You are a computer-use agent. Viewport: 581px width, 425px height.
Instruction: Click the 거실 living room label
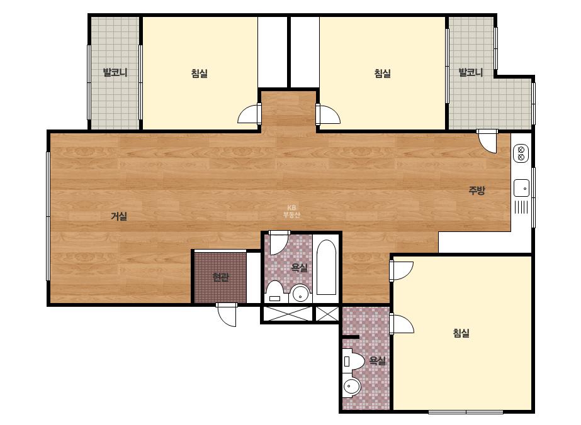pos(119,216)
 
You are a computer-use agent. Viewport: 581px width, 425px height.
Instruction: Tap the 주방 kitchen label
pos(477,190)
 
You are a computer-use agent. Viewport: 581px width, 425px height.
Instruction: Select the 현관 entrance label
pos(220,277)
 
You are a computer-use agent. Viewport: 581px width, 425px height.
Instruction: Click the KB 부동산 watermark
pos(291,211)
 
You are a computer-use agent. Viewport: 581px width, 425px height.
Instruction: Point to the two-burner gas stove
pos(521,153)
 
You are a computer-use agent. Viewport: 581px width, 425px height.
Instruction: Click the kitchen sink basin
pos(521,188)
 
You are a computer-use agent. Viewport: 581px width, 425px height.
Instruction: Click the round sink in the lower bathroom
pos(351,387)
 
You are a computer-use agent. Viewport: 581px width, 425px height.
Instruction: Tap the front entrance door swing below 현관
pos(227,315)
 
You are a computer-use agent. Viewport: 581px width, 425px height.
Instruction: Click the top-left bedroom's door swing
pos(249,113)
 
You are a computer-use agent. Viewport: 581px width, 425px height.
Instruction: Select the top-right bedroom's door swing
pos(328,114)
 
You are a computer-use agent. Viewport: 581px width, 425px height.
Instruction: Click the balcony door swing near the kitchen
pos(487,141)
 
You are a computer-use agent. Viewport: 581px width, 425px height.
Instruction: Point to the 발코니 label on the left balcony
pos(115,72)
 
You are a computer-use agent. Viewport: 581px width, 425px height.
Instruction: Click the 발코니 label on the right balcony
pos(471,72)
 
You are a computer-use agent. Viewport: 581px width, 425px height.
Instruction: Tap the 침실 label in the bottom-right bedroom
pos(461,333)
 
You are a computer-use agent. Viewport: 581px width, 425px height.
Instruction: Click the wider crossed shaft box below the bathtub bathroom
pos(288,314)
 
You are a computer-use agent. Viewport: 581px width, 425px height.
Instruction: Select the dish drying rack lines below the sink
pos(521,207)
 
